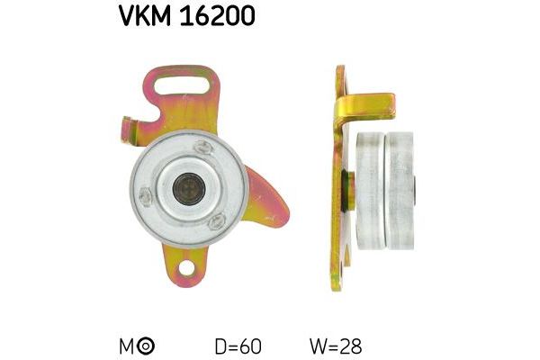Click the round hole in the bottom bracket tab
(x=187, y=267)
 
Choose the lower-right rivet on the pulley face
(x=217, y=221)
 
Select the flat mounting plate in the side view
(x=337, y=225)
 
